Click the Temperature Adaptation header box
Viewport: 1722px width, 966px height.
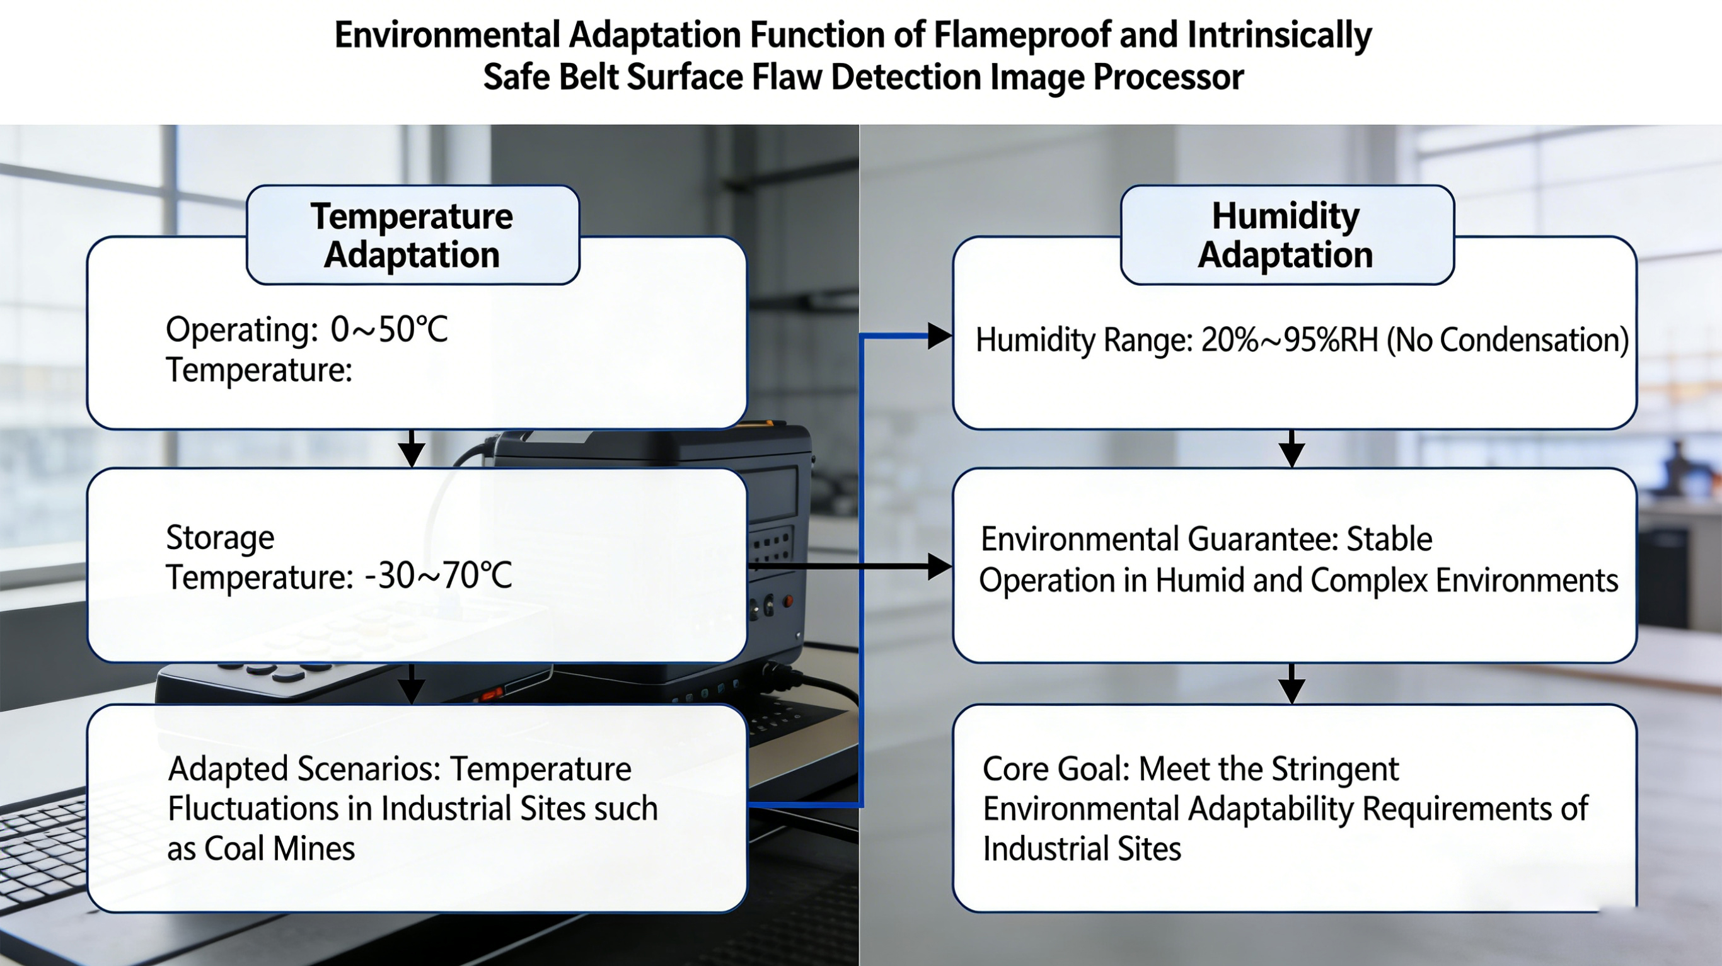(412, 235)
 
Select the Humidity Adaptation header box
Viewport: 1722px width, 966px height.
(1287, 235)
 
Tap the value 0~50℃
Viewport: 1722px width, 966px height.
(389, 329)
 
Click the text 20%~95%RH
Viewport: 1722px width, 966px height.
(1290, 340)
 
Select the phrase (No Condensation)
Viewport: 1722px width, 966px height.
(1508, 341)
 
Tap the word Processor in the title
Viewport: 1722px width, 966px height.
(1168, 77)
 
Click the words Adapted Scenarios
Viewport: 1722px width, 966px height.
(304, 769)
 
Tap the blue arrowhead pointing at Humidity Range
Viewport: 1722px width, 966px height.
(940, 336)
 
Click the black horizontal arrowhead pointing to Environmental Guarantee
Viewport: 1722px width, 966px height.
(940, 567)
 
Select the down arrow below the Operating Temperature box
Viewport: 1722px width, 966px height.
(412, 448)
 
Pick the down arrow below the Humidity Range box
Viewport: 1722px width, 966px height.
(1291, 448)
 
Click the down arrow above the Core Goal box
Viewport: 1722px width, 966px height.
(1291, 683)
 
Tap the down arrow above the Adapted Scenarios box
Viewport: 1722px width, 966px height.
(412, 683)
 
